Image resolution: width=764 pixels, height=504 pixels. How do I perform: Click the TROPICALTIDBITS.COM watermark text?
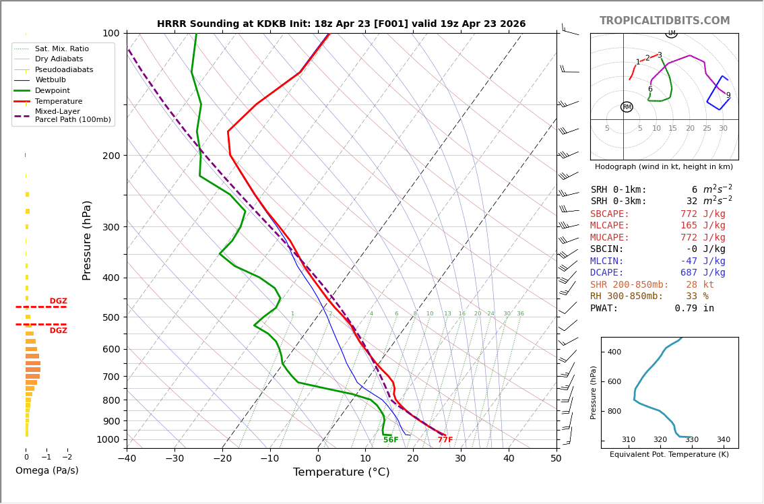click(664, 21)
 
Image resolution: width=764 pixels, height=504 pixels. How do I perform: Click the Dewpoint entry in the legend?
click(52, 90)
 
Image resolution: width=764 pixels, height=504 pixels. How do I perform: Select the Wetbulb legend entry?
click(51, 80)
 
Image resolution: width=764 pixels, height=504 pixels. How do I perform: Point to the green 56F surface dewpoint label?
click(391, 440)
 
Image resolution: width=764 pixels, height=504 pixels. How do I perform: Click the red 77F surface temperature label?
click(445, 440)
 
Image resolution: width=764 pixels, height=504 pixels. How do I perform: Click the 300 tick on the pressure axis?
click(111, 227)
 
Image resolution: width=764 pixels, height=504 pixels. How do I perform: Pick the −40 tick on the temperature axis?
click(127, 459)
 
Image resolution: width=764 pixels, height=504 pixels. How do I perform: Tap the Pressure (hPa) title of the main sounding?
click(87, 240)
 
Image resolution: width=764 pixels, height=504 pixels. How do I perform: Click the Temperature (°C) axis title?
click(341, 472)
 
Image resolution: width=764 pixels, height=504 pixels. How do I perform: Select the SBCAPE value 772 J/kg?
click(703, 214)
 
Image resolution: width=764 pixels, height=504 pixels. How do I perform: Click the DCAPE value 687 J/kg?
click(703, 273)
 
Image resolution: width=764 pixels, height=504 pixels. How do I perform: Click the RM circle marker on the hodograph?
click(627, 107)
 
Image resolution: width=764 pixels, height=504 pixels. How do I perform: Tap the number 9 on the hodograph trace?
click(728, 96)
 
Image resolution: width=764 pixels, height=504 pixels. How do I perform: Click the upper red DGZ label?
click(58, 301)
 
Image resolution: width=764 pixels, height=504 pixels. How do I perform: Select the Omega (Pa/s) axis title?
click(47, 471)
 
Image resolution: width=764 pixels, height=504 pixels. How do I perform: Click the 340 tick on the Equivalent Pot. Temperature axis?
click(723, 440)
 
